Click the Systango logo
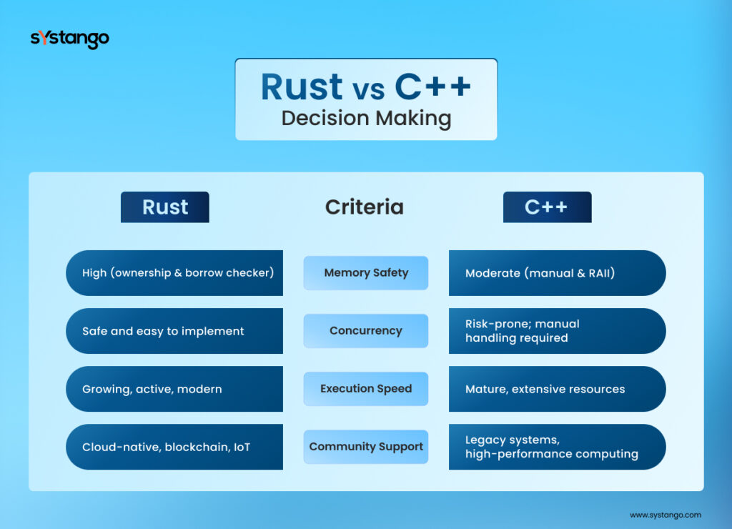tap(69, 39)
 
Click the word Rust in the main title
tap(302, 86)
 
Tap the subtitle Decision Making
tap(366, 118)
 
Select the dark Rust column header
tap(165, 207)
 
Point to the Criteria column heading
tap(365, 207)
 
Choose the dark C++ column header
tap(547, 207)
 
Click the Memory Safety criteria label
tap(366, 272)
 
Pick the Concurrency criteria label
tap(366, 331)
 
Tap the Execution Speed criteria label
tap(366, 389)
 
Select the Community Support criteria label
tap(366, 447)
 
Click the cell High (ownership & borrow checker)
tap(177, 272)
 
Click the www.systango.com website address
tap(665, 514)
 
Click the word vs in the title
tap(369, 89)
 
